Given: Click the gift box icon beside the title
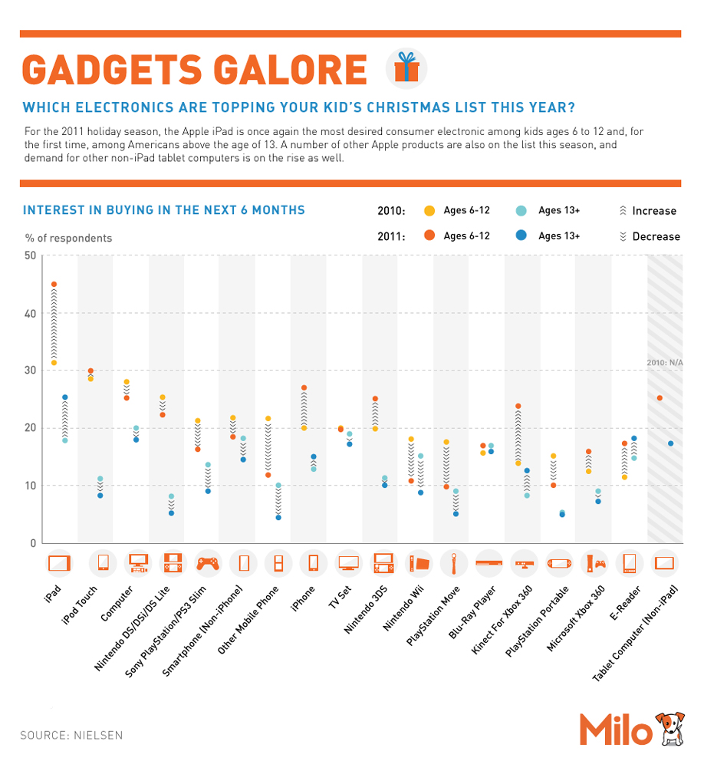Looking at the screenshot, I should (407, 69).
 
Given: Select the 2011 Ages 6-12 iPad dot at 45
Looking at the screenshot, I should (54, 285).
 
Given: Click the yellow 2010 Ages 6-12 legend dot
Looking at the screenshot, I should (429, 211).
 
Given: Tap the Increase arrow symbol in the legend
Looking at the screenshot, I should (622, 211).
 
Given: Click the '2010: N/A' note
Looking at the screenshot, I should (664, 363).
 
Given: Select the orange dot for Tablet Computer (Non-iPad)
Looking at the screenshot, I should (660, 398).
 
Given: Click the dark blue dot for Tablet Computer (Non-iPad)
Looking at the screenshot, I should (670, 443).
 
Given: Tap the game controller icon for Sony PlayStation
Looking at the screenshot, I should (207, 564).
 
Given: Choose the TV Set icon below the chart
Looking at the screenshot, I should (349, 564).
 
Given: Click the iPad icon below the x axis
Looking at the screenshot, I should (59, 564).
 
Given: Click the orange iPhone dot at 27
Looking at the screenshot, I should (304, 388).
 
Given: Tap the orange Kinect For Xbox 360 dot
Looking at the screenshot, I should (518, 406).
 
